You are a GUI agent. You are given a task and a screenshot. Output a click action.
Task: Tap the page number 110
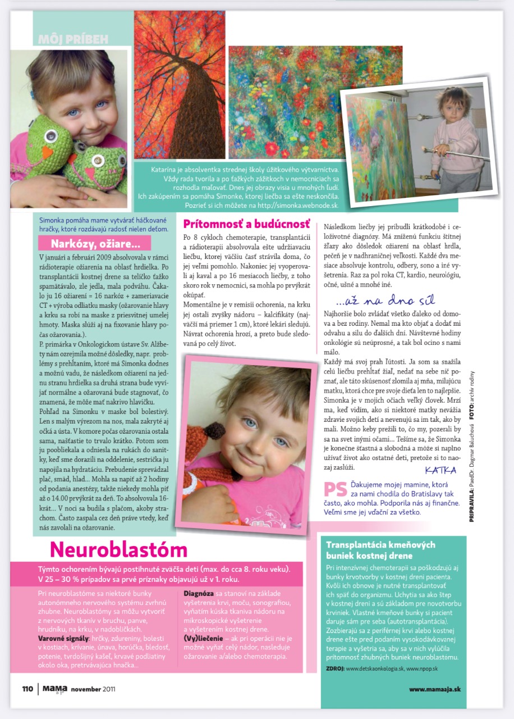pos(27,689)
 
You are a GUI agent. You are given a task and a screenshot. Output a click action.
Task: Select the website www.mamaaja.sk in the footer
pos(435,689)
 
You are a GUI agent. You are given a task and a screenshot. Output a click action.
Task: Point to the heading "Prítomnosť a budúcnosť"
pos(247,224)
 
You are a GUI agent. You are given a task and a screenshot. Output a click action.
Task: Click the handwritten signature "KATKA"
pos(440,470)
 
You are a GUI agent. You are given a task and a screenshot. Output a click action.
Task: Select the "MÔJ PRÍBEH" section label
pos(73,39)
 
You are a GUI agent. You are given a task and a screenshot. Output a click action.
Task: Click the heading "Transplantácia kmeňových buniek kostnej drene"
pos(381,550)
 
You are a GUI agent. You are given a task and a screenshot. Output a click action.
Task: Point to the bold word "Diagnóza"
pos(199,593)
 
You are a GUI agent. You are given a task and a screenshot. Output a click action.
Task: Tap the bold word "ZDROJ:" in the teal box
pos(335,668)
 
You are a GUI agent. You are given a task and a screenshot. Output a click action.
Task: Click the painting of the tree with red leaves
pos(179,84)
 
